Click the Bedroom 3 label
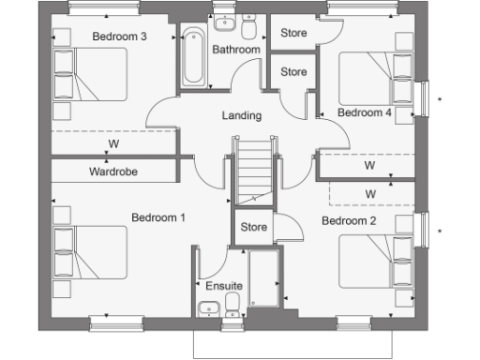coord(119,37)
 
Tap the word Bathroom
coord(235,49)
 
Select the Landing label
coord(241,116)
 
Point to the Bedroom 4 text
coord(365,112)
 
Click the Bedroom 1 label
coord(157,217)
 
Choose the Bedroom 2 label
coord(349,221)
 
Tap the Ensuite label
coord(223,286)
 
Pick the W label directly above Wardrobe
coord(113,144)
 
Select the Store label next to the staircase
coord(254,227)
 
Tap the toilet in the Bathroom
coord(249,22)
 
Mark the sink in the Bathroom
coord(225,22)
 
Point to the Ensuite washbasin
coord(208,306)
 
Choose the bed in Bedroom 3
coord(91,74)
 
